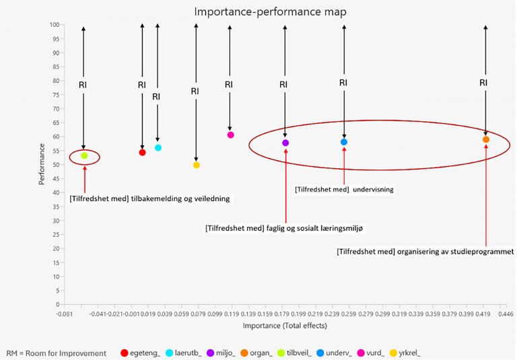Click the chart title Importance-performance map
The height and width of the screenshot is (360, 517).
pos(262,12)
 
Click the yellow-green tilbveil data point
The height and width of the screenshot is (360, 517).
pos(84,155)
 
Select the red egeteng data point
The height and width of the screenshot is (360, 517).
pos(142,152)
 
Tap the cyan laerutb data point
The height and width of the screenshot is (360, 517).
pos(158,147)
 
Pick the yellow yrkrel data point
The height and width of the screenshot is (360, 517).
pos(196,165)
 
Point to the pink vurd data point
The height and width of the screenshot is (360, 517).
pos(230,135)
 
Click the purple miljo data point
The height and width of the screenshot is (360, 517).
pos(285,143)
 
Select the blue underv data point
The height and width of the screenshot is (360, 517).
pos(344,142)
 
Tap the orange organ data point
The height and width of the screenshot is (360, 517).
pos(486,139)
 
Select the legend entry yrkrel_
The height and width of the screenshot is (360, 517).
pos(411,353)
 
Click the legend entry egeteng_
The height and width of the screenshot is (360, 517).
pos(140,353)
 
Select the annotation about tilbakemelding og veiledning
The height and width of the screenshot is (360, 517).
pos(149,199)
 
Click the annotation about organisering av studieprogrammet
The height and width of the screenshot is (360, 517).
pos(425,252)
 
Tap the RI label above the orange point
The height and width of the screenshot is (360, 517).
pos(483,82)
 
